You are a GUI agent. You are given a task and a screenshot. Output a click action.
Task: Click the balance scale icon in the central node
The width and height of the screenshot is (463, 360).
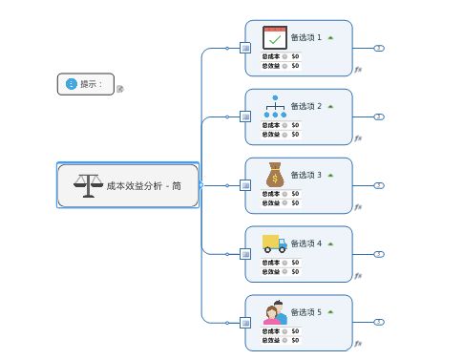(87, 185)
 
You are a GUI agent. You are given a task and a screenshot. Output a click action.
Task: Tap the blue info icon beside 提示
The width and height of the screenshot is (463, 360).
(71, 84)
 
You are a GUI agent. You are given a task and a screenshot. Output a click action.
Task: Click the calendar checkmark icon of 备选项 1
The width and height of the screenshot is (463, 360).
(275, 37)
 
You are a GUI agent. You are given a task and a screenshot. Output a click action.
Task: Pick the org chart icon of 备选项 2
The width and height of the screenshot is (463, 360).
(275, 106)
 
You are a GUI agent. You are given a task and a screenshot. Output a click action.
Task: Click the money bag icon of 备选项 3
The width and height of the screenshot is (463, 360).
(275, 175)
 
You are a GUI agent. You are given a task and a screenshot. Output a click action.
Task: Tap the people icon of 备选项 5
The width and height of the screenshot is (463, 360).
(275, 312)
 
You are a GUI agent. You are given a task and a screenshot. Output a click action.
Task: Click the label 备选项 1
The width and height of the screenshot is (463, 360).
(305, 38)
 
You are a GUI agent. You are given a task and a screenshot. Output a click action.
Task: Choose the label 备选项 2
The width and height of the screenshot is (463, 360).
(305, 106)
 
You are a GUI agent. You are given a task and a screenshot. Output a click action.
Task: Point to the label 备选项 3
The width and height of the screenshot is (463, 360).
(305, 175)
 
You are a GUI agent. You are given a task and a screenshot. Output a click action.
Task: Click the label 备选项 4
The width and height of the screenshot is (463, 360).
(305, 244)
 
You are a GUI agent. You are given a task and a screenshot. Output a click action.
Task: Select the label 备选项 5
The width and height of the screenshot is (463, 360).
(305, 312)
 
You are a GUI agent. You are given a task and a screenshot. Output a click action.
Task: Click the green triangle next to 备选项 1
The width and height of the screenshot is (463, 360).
(330, 37)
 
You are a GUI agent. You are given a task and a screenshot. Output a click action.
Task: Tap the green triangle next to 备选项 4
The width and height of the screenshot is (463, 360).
(330, 244)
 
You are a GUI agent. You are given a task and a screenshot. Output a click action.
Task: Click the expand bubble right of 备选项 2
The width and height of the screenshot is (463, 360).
(379, 116)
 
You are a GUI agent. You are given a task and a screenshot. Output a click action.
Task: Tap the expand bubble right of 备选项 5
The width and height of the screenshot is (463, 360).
(379, 323)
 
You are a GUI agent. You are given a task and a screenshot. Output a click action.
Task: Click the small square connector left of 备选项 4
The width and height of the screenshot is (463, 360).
(245, 254)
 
